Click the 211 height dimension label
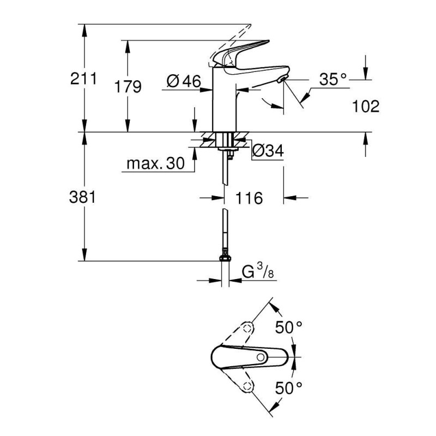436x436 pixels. (83, 79)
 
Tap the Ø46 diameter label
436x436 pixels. (182, 82)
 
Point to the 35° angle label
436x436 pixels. (333, 80)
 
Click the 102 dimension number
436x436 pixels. (366, 106)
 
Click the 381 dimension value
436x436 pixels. (83, 197)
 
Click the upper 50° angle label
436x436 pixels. (288, 328)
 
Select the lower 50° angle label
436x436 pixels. (288, 389)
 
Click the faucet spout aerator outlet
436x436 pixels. (282, 81)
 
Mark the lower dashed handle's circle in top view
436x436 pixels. (249, 387)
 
